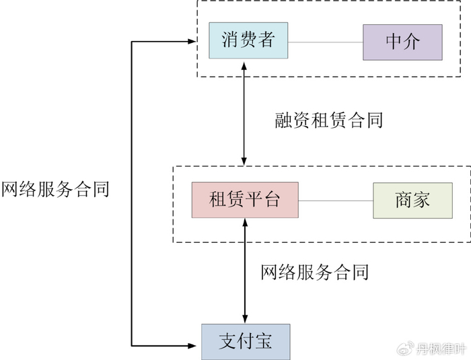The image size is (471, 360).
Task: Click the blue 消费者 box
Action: [248, 42]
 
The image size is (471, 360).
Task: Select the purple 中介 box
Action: [402, 42]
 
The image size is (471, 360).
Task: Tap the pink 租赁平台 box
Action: [245, 200]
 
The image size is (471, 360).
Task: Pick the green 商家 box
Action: [412, 201]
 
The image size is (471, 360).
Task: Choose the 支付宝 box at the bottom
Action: [246, 341]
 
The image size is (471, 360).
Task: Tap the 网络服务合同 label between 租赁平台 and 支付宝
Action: [314, 272]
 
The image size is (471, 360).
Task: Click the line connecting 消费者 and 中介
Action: [326, 42]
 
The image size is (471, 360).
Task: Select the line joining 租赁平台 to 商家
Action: [336, 201]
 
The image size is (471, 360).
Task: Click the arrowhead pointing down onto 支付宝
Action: [244, 319]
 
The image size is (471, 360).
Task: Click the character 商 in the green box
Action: [404, 201]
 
